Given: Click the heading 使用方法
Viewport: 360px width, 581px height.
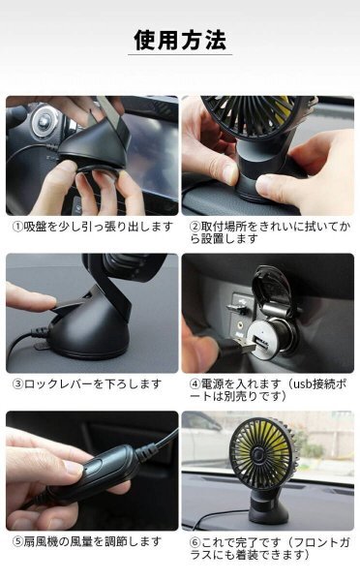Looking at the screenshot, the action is coord(180,40).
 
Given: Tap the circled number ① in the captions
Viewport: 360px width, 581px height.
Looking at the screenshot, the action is coord(18,227).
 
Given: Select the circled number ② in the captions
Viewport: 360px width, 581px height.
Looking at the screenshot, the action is coord(195,227).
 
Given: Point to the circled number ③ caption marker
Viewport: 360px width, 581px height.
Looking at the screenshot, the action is coord(18,383).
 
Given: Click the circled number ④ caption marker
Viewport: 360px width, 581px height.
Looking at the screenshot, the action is coord(195,383).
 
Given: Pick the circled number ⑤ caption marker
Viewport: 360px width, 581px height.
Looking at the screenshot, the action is coord(18,541).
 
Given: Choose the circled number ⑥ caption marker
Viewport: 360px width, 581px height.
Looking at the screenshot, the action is coord(195,542).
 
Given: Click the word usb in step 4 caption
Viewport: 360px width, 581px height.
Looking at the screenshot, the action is coord(302,384).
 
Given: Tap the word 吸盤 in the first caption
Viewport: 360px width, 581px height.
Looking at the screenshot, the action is coord(35,227).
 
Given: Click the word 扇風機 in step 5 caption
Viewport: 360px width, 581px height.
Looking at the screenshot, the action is coord(41,541).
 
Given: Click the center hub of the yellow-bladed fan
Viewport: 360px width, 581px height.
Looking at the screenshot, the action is coord(257,453).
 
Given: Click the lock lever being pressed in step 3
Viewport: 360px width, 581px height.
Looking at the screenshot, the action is coord(70,305).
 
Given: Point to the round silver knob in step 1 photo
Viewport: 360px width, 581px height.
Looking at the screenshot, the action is coord(45,120).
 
